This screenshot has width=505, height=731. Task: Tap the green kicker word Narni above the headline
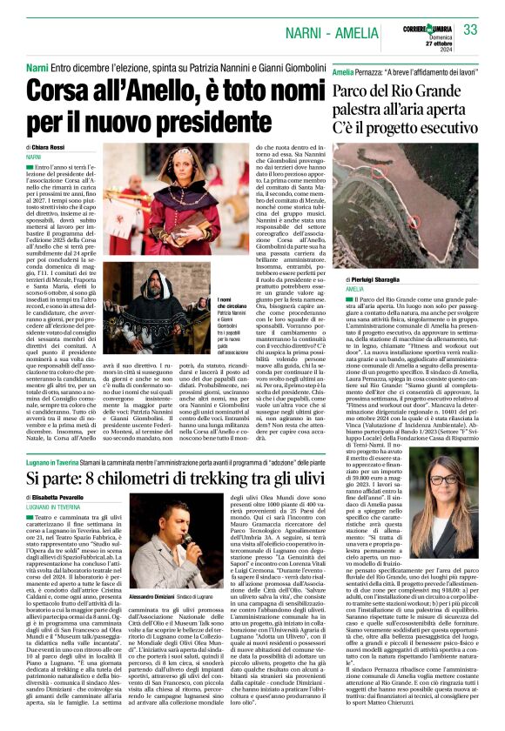[x=37, y=67]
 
